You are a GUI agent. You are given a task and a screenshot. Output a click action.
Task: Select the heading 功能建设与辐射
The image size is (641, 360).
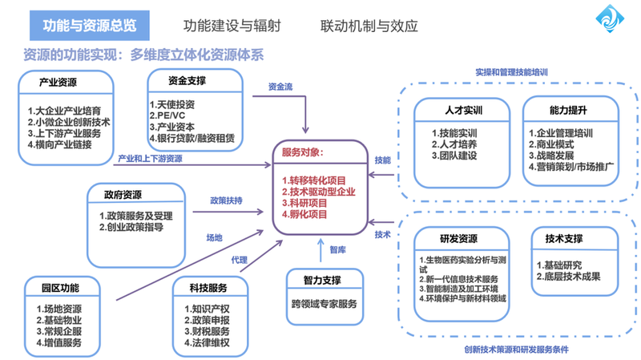tap(228, 26)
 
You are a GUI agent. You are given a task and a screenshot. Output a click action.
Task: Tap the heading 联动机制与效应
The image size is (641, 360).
tap(369, 26)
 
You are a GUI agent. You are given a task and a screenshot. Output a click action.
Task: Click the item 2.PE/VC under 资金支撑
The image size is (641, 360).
tap(170, 115)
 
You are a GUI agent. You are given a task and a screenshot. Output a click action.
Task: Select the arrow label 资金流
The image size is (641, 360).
tap(280, 87)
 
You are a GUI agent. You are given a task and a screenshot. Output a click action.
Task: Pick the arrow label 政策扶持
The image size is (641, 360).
tap(226, 200)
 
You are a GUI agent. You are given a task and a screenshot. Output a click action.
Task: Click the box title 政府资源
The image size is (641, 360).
tap(123, 195)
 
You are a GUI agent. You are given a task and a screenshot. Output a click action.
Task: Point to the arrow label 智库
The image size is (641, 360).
tap(338, 250)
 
